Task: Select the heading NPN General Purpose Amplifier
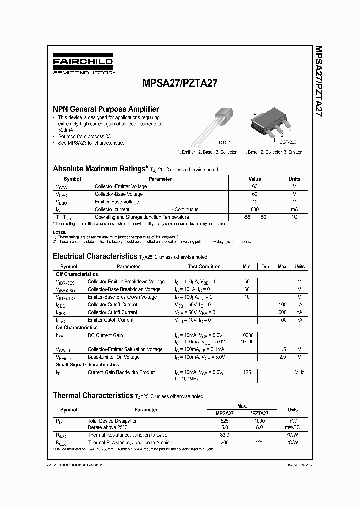coord(106,109)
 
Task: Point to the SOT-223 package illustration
coord(270,124)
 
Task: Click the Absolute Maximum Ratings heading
coord(100,169)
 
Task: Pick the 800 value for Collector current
coord(255,210)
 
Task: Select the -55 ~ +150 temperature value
coord(255,217)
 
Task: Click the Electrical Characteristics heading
coord(94,256)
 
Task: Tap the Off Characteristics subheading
coord(76,274)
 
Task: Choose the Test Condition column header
coord(204,267)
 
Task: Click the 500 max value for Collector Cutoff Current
coord(282,312)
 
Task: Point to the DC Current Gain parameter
coord(105,335)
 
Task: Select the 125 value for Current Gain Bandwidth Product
coord(247,372)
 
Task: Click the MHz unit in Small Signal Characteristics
coord(299,372)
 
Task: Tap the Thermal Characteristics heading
coord(93,396)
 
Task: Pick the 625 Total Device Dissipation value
coord(224,421)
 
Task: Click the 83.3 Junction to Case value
coord(224,435)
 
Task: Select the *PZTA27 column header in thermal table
coord(259,414)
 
